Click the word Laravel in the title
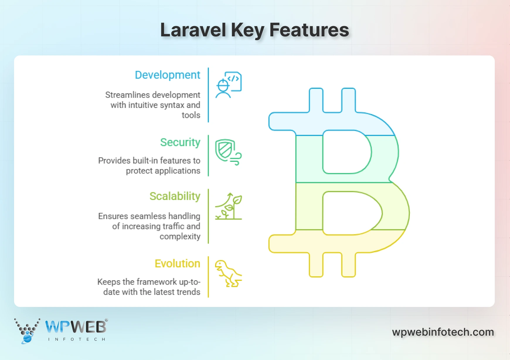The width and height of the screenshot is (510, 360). click(193, 30)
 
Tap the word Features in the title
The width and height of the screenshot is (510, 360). click(309, 30)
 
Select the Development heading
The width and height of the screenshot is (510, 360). click(167, 75)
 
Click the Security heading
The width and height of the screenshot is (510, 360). click(180, 142)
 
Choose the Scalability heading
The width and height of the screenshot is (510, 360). click(175, 196)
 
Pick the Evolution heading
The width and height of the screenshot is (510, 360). click(177, 264)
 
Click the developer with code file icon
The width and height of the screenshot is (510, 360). click(228, 85)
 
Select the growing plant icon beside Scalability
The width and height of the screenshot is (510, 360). click(229, 206)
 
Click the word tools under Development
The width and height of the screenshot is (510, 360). click(191, 115)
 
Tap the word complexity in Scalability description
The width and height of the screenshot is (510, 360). click(180, 237)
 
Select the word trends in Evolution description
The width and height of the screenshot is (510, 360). click(188, 292)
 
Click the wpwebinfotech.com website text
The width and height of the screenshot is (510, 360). click(443, 332)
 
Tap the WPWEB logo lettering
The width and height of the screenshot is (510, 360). click(76, 327)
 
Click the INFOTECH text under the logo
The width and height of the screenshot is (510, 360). click(76, 339)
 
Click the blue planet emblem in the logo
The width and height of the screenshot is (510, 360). click(27, 338)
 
